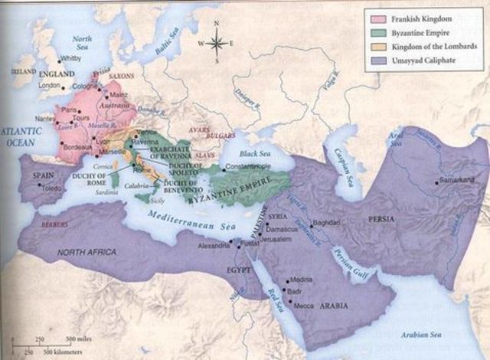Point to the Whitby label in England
pos(70,58)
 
